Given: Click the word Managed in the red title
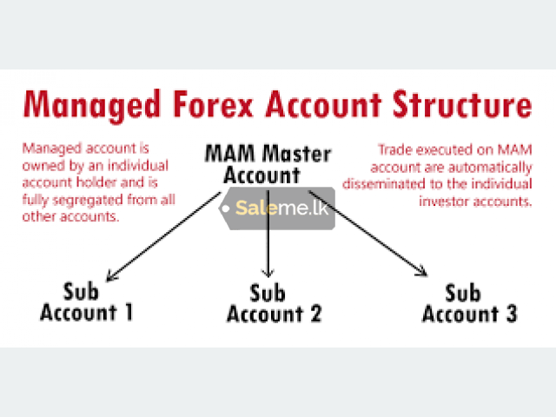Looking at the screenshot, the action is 92,104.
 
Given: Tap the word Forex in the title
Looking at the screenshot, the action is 214,104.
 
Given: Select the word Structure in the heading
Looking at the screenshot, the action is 462,104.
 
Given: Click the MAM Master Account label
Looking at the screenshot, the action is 268,164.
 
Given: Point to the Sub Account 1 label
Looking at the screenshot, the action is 86,301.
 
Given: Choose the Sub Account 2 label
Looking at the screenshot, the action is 275,303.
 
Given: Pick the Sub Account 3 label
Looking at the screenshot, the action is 470,303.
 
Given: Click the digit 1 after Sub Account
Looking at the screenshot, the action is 129,313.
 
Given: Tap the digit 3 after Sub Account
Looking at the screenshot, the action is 512,314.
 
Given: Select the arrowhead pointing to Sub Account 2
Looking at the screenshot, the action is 268,273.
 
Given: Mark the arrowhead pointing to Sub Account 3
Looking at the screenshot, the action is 423,271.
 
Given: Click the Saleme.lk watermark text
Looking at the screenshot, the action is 281,208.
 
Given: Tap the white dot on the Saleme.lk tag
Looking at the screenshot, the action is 225,208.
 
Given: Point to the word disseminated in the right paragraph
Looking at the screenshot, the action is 384,184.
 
